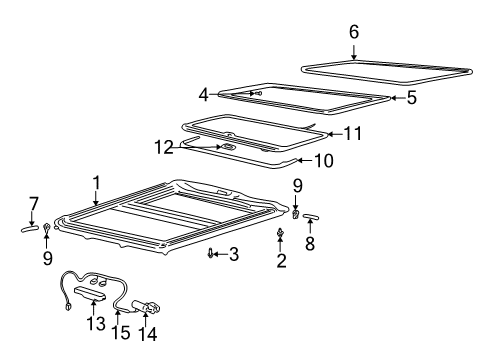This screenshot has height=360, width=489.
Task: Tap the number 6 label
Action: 353,32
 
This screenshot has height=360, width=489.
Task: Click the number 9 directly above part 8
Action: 297,186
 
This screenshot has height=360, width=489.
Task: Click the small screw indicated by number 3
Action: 211,254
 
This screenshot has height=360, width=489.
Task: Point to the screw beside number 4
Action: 257,92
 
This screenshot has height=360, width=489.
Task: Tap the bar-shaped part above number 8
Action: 310,216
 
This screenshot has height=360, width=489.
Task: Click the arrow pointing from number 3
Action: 221,254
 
